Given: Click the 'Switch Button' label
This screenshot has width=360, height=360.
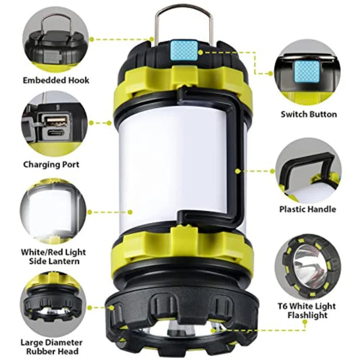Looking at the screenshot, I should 309,114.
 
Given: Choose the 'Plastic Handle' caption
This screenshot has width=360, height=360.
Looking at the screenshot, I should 308,209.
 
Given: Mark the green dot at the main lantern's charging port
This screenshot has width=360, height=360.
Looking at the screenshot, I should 113,124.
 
